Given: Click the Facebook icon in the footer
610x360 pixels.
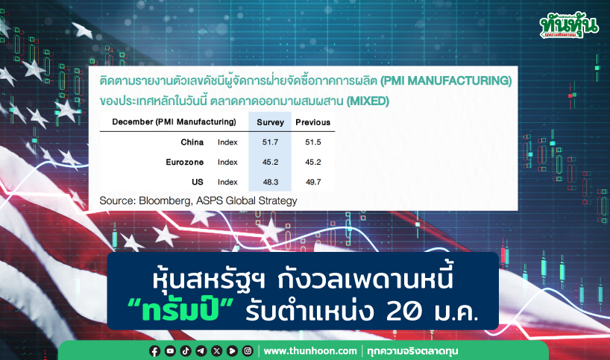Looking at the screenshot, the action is coord(154,351).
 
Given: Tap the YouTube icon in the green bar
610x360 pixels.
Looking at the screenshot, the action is coord(170,351).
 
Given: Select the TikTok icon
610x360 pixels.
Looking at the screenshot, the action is coord(186,351).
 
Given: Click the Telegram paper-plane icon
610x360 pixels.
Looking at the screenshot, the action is coord(201,351).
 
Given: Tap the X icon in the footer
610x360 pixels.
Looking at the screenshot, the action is coord(217,351).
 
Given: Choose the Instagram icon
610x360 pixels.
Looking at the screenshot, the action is coord(248,351).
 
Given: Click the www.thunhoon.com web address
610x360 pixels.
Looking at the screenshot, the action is coord(310,351).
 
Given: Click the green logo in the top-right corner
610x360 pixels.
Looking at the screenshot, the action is coord(569,25).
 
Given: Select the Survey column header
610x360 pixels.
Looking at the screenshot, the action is coord(271,122).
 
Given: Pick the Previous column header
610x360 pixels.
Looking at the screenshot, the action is coord(312,122).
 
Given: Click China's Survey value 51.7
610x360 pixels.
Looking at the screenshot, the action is coord(270,142).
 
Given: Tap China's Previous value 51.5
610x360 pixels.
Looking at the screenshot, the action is coord(312,142).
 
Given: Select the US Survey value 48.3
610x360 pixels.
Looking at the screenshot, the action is coord(271,182).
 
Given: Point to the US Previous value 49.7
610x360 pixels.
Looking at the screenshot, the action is coord(313,182).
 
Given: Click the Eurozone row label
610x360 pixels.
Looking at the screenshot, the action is coord(185,162).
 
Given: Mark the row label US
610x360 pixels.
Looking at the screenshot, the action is coord(197,182).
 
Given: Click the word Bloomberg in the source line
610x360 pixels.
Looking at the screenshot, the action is coord(165,200).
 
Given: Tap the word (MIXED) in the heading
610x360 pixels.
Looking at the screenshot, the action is coord(368,101).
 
